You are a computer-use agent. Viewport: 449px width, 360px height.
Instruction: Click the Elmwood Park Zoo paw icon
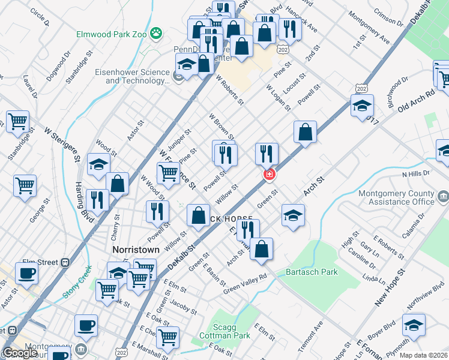click(157, 32)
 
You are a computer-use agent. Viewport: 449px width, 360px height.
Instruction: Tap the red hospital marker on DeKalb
click(270, 174)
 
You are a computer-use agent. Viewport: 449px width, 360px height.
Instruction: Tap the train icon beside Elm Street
click(65, 262)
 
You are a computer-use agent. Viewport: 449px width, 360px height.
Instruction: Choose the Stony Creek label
click(76, 282)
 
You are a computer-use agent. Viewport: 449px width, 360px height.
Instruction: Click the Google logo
click(20, 353)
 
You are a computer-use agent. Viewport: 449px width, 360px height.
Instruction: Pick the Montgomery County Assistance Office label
click(396, 197)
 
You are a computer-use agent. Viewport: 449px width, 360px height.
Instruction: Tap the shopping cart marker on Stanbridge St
click(17, 121)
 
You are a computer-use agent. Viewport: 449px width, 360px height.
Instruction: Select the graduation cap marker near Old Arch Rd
click(362, 106)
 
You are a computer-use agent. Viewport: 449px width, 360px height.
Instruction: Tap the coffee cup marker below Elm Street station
click(26, 274)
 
